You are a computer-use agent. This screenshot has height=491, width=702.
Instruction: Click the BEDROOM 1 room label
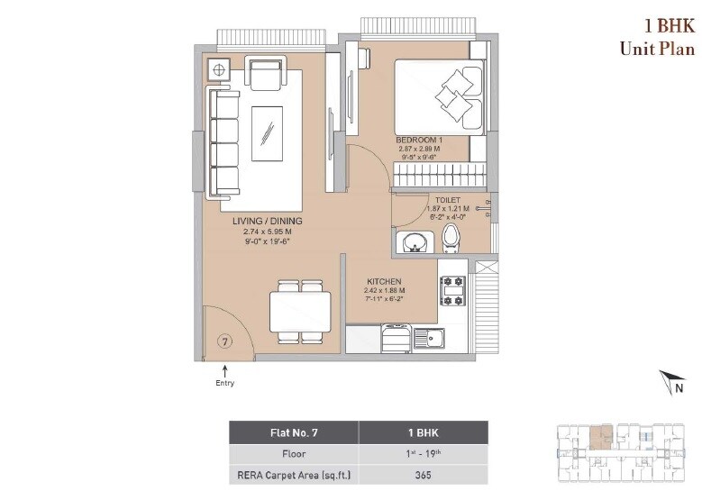pyautogui.click(x=419, y=141)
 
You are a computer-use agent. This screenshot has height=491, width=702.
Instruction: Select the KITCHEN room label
pyautogui.click(x=384, y=281)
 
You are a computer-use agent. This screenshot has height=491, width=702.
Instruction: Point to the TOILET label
pyautogui.click(x=447, y=200)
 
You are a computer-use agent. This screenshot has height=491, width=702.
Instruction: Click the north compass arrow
pyautogui.click(x=667, y=379)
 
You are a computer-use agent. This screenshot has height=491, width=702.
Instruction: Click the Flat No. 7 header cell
pyautogui.click(x=293, y=432)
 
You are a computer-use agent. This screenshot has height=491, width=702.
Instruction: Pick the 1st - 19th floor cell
pyautogui.click(x=423, y=455)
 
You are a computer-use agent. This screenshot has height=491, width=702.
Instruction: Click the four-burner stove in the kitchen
pyautogui.click(x=451, y=290)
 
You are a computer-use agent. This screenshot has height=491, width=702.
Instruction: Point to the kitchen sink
pyautogui.click(x=431, y=340)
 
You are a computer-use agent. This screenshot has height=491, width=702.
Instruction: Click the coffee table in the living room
pyautogui.click(x=267, y=132)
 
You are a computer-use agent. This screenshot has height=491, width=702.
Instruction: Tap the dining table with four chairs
pyautogui.click(x=300, y=312)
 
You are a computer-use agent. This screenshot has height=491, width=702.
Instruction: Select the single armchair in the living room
pyautogui.click(x=265, y=74)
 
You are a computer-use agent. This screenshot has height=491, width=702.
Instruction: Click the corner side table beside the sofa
pyautogui.click(x=218, y=68)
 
